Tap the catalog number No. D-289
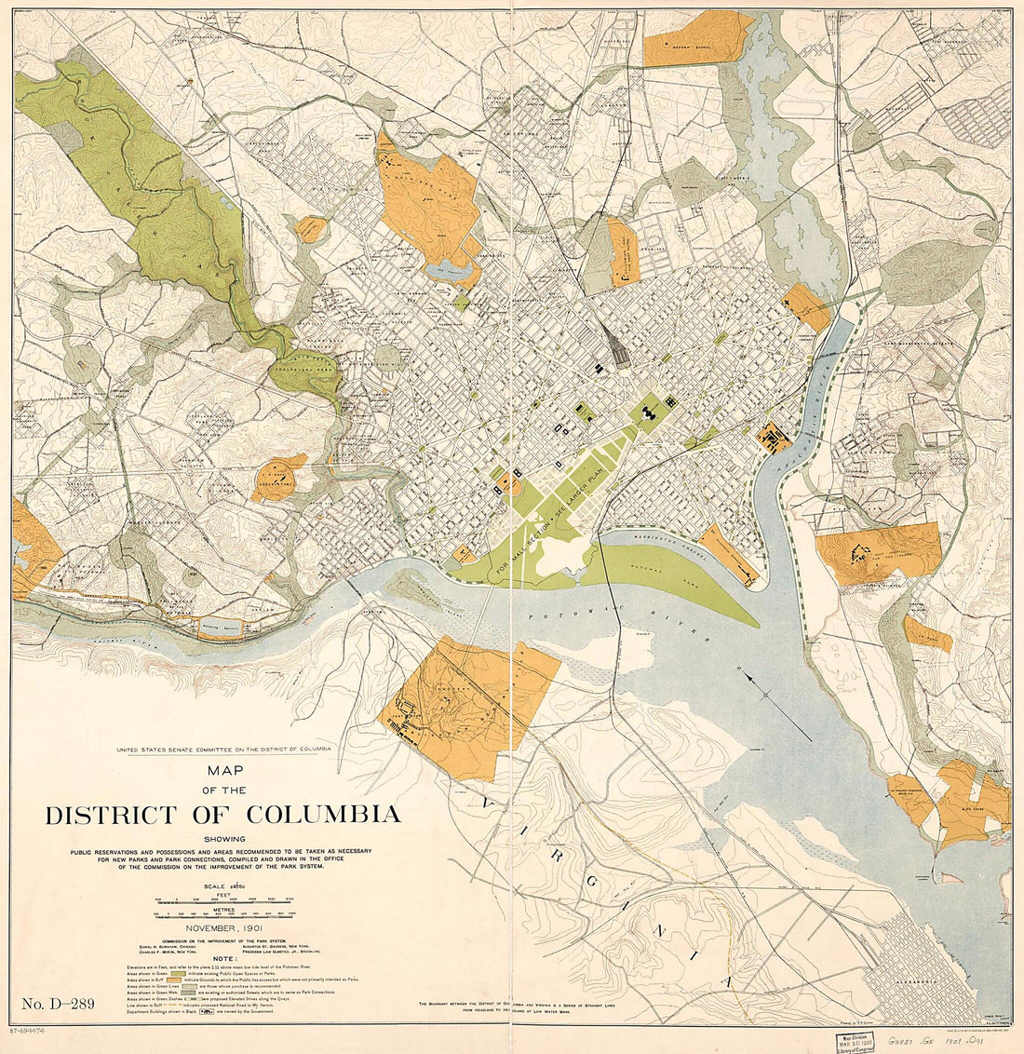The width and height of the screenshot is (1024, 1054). tap(59, 1004)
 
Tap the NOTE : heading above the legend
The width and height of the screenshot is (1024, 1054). tap(224, 958)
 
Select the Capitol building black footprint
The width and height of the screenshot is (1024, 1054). tap(649, 408)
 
